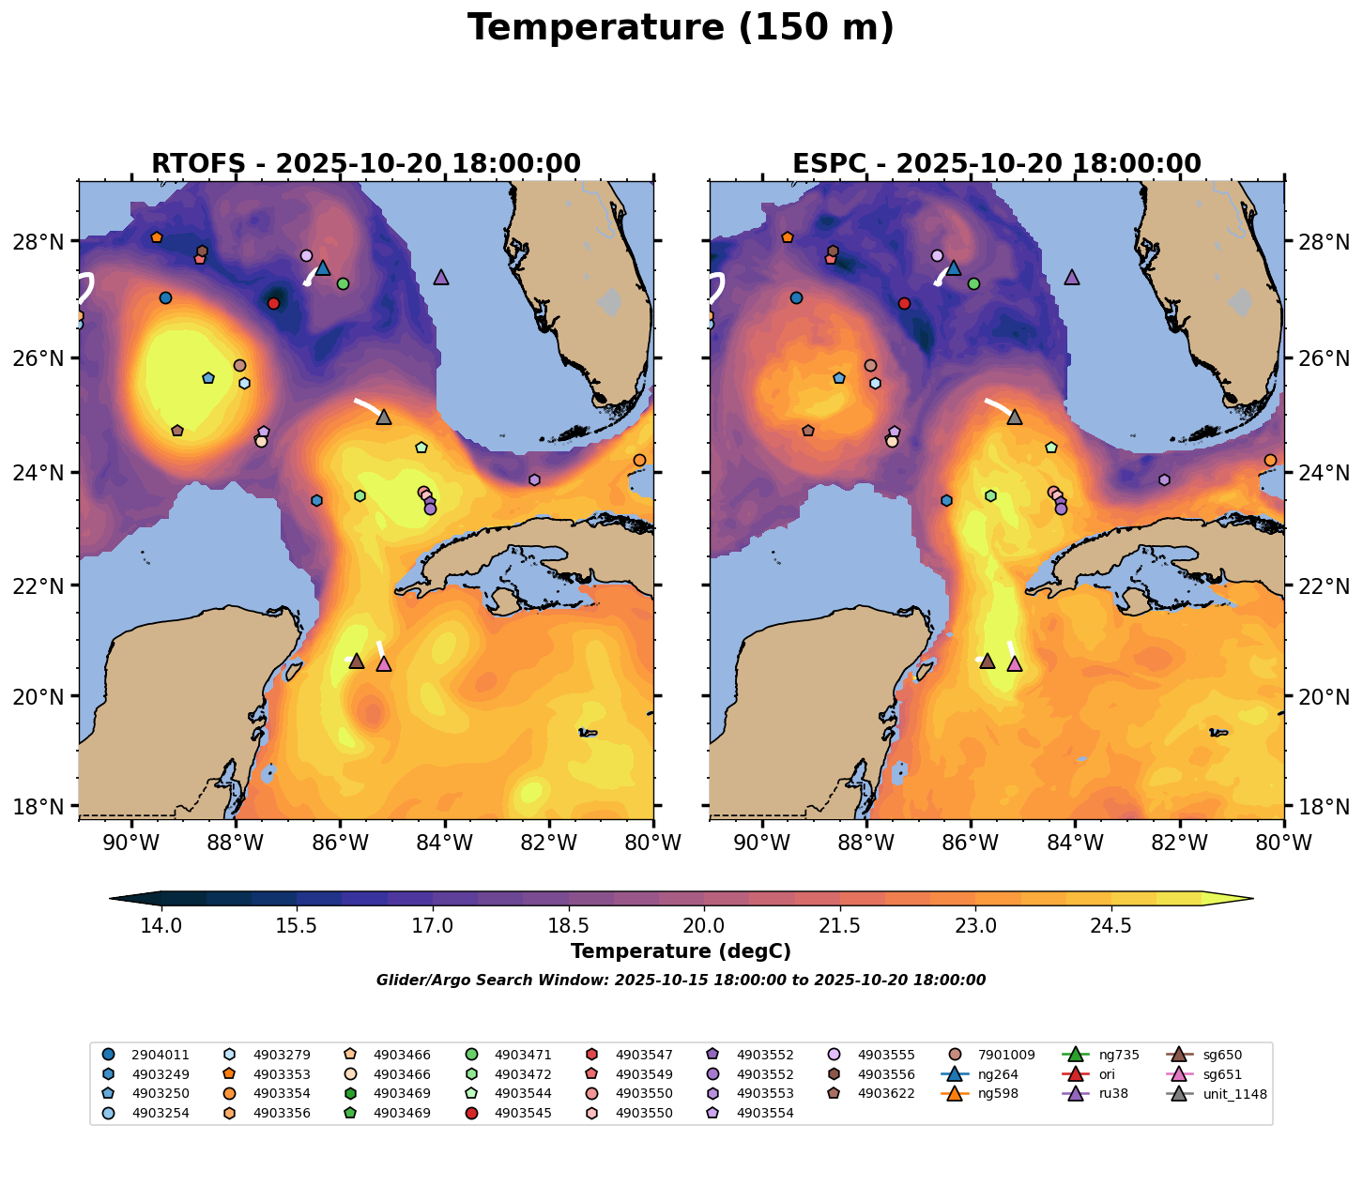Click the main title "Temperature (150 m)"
coord(681,28)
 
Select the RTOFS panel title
coord(366,164)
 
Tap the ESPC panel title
coord(997,164)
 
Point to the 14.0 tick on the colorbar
coord(161,926)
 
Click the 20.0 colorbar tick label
coord(704,926)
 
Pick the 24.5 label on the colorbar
coord(1111,926)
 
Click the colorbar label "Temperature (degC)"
coord(681,951)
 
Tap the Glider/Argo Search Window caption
coord(681,981)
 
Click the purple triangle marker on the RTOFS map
coord(441,277)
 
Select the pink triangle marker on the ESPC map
coord(1014,664)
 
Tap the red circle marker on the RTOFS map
coord(273,303)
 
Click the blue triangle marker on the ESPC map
coord(954,268)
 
